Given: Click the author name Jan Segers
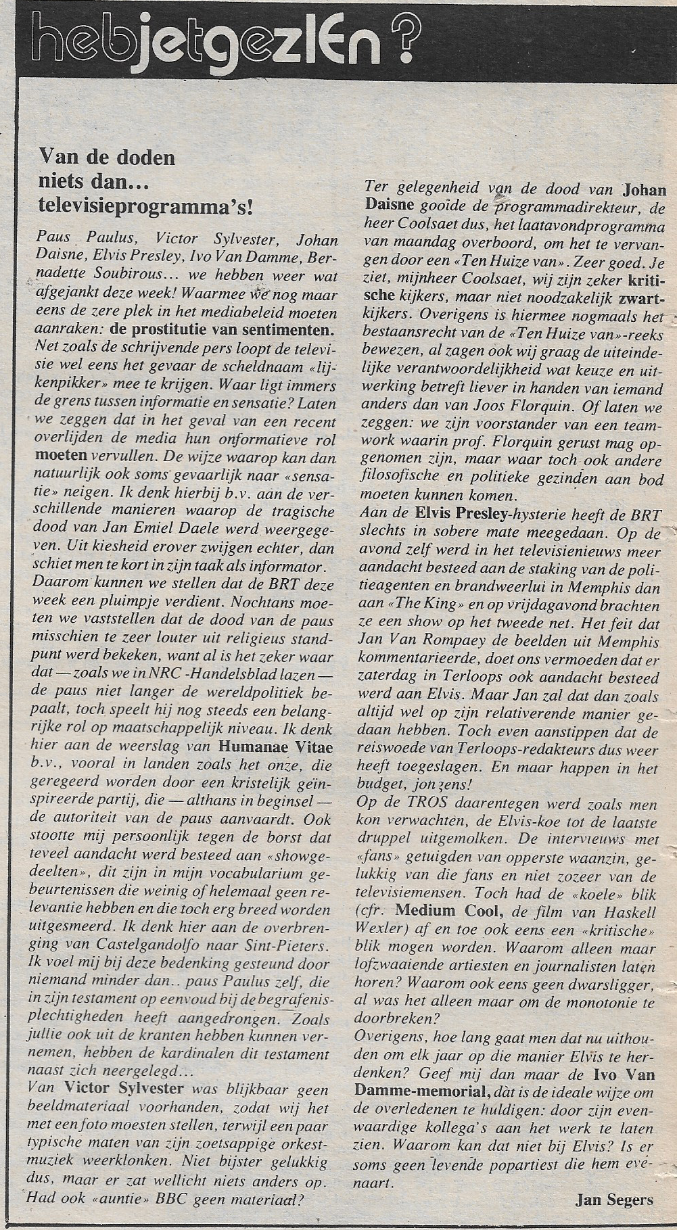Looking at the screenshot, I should (615, 1199).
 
